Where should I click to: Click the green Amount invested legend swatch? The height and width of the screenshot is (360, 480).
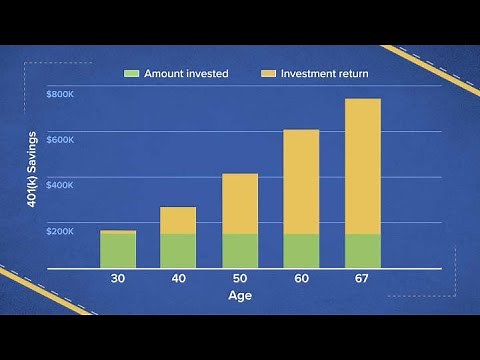131,73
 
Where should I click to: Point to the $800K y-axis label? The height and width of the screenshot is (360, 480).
60,94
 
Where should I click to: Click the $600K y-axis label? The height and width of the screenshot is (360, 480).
60,140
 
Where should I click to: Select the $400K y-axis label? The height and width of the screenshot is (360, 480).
60,186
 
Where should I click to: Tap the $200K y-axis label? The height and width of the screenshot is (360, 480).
60,232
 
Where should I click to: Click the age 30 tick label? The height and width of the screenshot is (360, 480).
118,279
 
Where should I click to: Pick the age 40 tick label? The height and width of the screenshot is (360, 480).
178,279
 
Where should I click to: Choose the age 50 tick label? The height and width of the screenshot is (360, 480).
240,279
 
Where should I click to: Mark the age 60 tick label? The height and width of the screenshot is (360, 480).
301,279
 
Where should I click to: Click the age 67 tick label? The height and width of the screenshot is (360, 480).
362,279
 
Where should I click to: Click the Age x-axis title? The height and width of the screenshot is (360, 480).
240,297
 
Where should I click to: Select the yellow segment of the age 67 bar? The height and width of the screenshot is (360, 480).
362,165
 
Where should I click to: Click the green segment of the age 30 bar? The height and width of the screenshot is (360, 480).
118,251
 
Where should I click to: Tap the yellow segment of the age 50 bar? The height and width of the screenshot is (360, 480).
240,203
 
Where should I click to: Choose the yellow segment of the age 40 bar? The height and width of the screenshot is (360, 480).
178,220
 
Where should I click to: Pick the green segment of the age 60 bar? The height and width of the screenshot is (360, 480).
301,251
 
